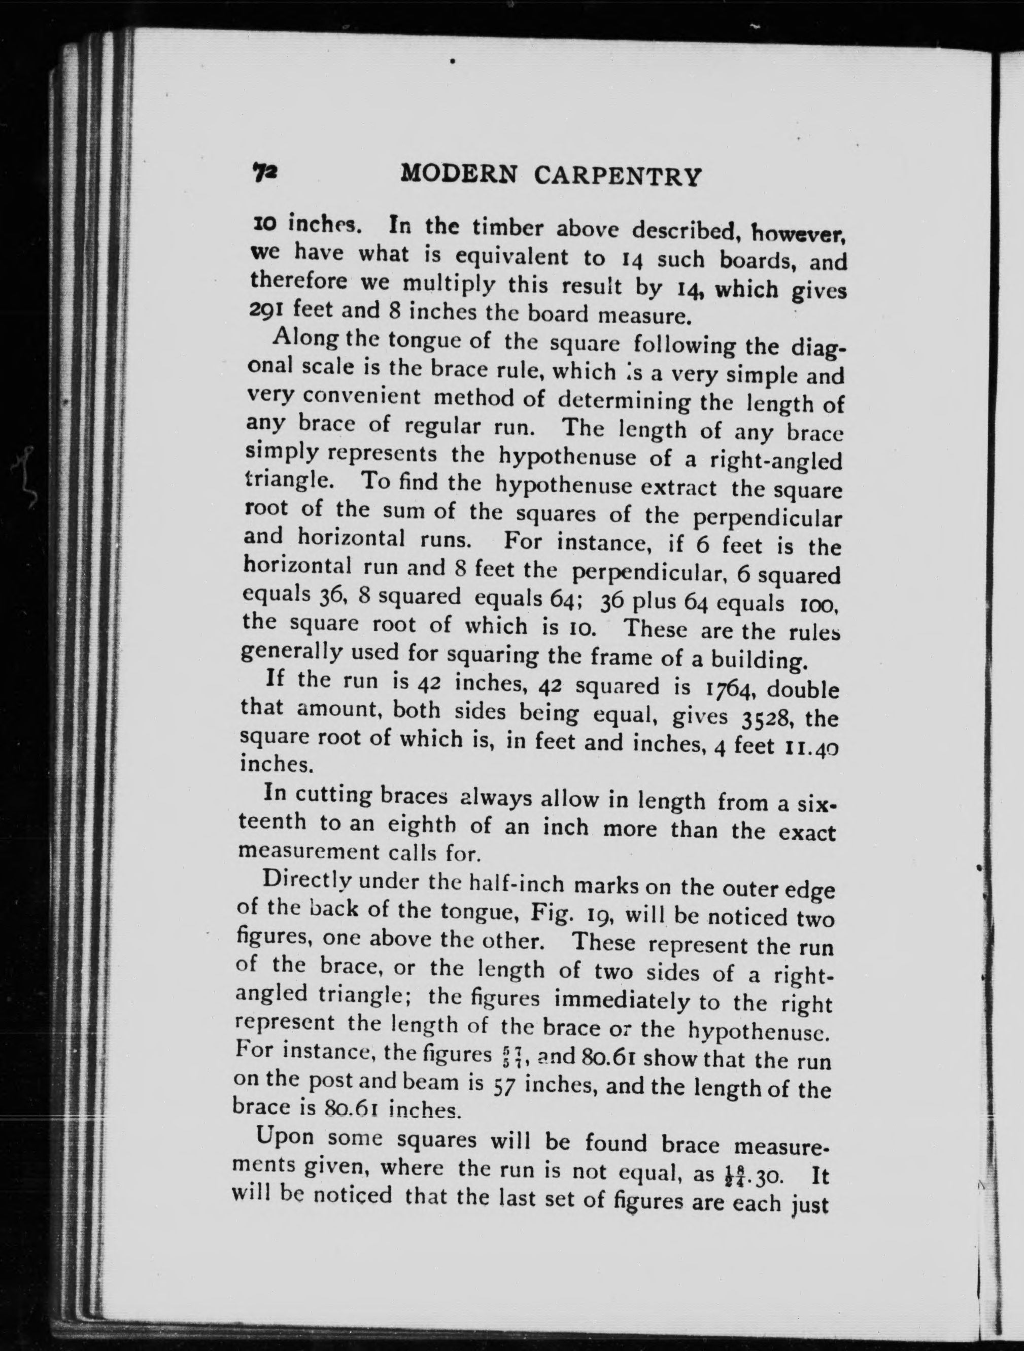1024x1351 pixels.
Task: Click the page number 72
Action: coord(264,173)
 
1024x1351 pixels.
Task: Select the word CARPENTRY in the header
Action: coord(617,177)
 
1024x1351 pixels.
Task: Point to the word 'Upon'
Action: coord(285,1138)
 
